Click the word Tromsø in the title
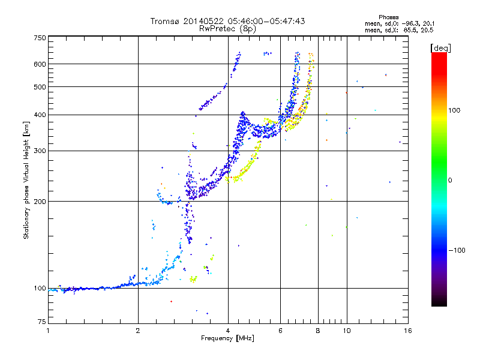[166, 21]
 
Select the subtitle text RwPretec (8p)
[227, 29]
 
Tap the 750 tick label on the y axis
[40, 38]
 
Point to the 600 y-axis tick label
[40, 64]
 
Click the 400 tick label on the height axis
[40, 115]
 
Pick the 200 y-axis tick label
[40, 202]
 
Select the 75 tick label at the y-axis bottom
[42, 322]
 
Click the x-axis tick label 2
[138, 331]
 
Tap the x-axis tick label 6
[280, 331]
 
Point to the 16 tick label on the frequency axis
[408, 331]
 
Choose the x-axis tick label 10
[347, 331]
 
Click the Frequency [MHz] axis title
[227, 338]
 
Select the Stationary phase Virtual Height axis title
[26, 180]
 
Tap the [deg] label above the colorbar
[440, 49]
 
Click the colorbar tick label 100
[454, 110]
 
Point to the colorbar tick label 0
[450, 180]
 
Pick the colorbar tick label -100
[457, 250]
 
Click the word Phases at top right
[388, 17]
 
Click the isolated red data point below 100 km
[171, 302]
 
